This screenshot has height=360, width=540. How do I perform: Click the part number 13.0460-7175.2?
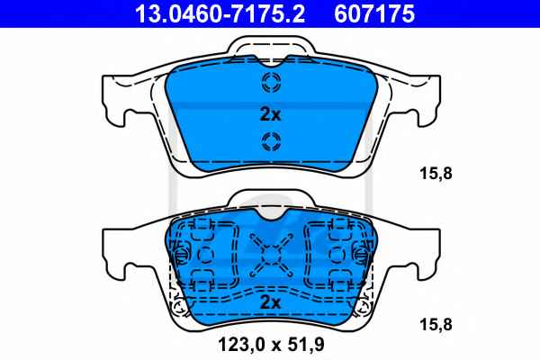click(x=220, y=14)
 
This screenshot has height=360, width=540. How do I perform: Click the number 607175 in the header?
click(x=374, y=14)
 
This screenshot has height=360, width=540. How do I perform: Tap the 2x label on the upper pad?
click(x=270, y=114)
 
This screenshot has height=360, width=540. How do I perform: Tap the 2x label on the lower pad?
click(x=270, y=302)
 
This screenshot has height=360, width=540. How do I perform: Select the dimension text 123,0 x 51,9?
click(x=271, y=344)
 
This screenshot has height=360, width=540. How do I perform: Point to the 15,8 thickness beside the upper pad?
click(x=436, y=174)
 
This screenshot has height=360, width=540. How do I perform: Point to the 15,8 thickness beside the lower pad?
click(x=436, y=325)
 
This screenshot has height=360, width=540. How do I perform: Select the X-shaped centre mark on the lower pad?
click(x=271, y=256)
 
